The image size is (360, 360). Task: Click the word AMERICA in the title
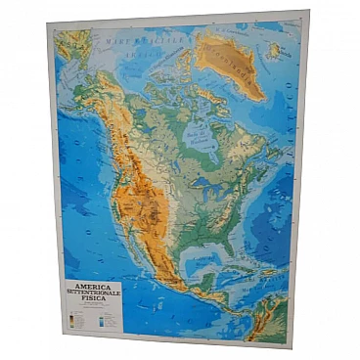(x=88, y=289)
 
